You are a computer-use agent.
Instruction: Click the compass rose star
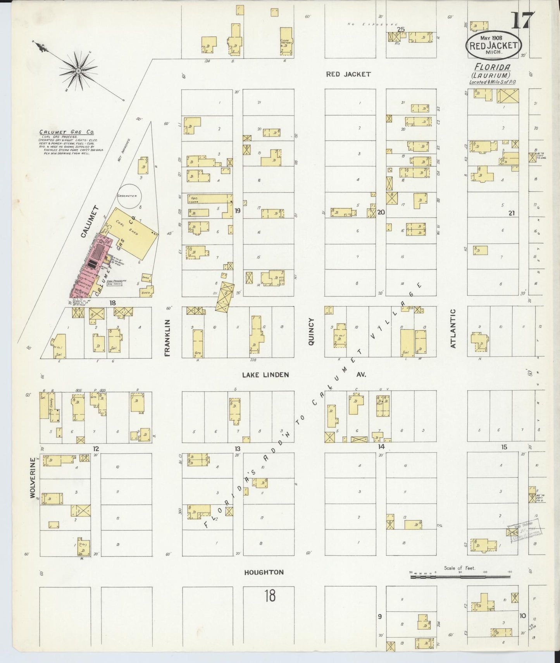point(78,71)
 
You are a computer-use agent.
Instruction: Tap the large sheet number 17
point(523,21)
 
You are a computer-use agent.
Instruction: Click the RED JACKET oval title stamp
point(493,45)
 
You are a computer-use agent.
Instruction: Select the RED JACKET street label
point(348,74)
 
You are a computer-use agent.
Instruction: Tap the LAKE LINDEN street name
point(265,375)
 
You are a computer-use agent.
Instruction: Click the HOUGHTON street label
point(264,572)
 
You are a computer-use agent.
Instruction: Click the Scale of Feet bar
point(460,577)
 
